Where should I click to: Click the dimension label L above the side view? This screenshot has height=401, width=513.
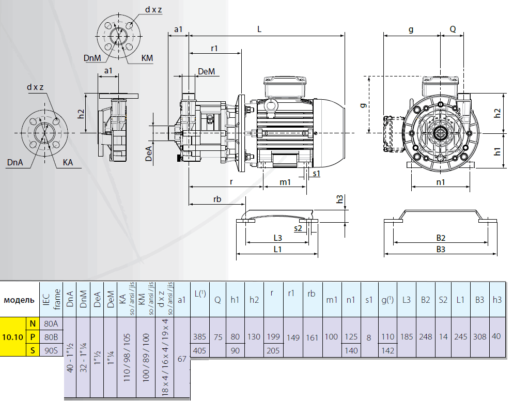tap(259, 29)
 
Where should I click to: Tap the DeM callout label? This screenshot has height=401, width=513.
tap(206, 71)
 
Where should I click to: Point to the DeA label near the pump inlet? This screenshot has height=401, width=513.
tap(149, 153)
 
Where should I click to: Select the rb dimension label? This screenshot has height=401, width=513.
tap(217, 199)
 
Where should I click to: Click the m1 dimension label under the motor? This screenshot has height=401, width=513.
tap(285, 182)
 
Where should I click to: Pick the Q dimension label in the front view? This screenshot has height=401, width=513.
tap(453, 29)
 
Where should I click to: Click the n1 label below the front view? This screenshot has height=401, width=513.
tap(440, 182)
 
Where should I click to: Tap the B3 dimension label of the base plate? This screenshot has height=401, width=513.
tap(440, 250)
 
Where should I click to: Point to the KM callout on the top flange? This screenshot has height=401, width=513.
tap(147, 58)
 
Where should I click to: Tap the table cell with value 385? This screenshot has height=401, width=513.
tap(199, 337)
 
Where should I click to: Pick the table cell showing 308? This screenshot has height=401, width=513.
tap(479, 337)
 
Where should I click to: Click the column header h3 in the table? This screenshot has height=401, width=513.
tap(497, 300)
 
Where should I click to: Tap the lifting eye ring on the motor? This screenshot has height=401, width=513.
tap(271, 105)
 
